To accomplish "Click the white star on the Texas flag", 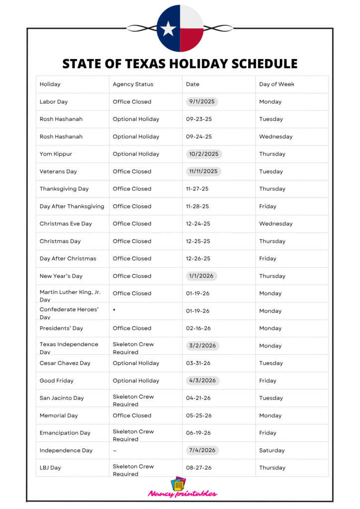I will coord(169,29).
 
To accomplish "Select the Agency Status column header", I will coord(133,85).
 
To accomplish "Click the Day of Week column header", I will coord(276,85).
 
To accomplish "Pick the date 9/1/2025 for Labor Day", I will coord(202,102).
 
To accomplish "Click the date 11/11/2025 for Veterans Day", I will coord(203,171).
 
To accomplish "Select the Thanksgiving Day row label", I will coord(64,189).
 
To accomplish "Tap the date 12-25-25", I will coord(198,241).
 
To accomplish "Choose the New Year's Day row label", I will coord(61,276).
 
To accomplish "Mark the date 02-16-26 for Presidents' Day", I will coord(198,328).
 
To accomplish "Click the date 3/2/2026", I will coord(202,345).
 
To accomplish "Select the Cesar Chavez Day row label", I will coord(65,363).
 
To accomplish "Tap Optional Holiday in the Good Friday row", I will coord(136,381).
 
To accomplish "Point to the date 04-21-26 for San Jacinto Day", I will coord(198,398).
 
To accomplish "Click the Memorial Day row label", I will coord(59,416).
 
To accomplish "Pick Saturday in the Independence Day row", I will coord(272,450).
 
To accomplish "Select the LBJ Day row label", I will coord(50,468).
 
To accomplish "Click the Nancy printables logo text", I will coord(182,494).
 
